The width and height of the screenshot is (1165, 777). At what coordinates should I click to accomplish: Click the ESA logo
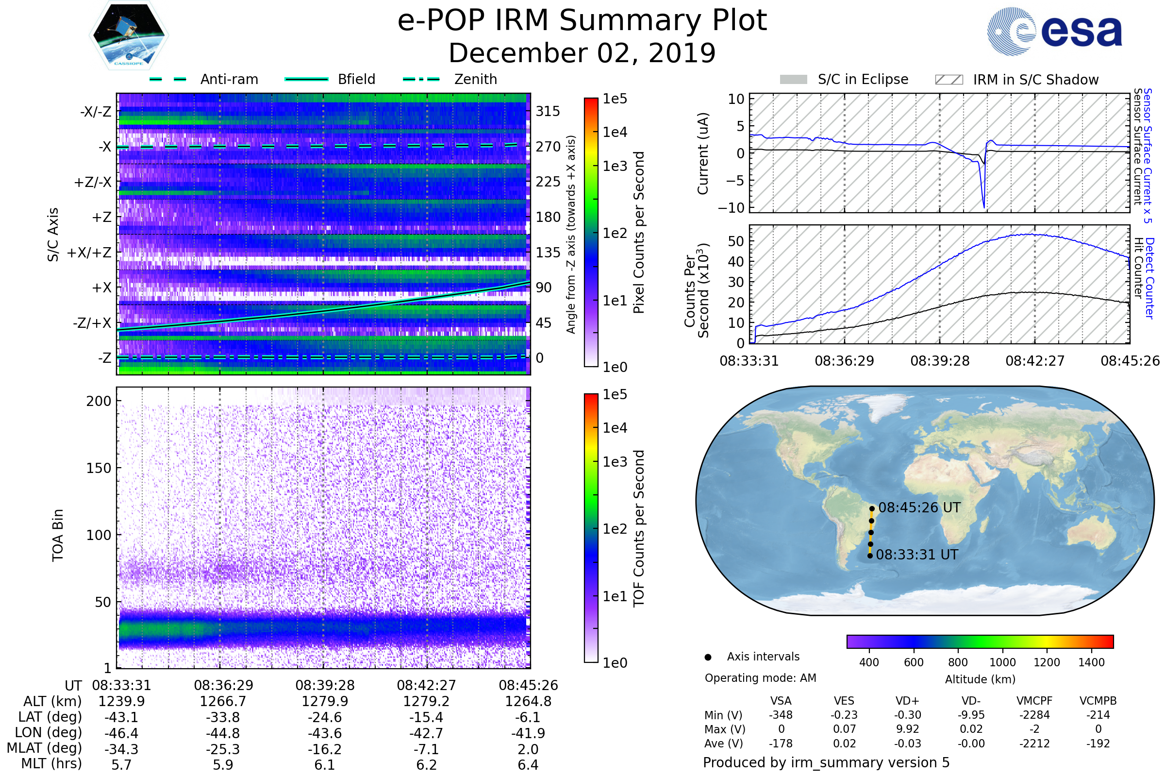pyautogui.click(x=1055, y=31)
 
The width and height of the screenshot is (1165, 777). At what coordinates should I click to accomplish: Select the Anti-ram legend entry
pyautogui.click(x=204, y=79)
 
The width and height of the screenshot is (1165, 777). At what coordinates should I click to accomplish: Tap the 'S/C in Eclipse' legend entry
pyautogui.click(x=844, y=80)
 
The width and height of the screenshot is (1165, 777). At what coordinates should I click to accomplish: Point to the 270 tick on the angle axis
pyautogui.click(x=548, y=147)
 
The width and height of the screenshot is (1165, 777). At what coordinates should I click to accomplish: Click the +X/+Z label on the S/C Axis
pyautogui.click(x=89, y=253)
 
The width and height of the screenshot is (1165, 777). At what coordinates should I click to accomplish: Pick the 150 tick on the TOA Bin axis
pyautogui.click(x=99, y=468)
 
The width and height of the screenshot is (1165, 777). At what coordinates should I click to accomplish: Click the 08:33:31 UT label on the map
pyautogui.click(x=917, y=555)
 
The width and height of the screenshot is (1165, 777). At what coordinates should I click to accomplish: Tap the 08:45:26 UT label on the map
pyautogui.click(x=919, y=508)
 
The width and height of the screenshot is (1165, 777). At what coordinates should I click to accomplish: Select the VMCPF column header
pyautogui.click(x=1034, y=701)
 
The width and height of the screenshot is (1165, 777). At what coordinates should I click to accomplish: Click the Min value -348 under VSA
pyautogui.click(x=781, y=715)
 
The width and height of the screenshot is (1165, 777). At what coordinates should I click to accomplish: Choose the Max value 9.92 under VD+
pyautogui.click(x=907, y=729)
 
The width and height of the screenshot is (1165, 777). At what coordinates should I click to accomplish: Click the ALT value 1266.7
pyautogui.click(x=223, y=702)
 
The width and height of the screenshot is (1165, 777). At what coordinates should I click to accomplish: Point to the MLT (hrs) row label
pyautogui.click(x=51, y=763)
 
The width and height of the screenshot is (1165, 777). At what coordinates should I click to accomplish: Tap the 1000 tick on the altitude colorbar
pyautogui.click(x=1002, y=662)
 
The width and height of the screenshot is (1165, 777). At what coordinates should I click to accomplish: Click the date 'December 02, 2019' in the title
pyautogui.click(x=582, y=53)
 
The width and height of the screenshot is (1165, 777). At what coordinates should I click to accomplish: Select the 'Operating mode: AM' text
pyautogui.click(x=760, y=678)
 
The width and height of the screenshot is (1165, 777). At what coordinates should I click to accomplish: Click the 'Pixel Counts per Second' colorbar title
pyautogui.click(x=639, y=233)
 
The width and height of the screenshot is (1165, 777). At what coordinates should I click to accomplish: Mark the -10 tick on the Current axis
pyautogui.click(x=732, y=208)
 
